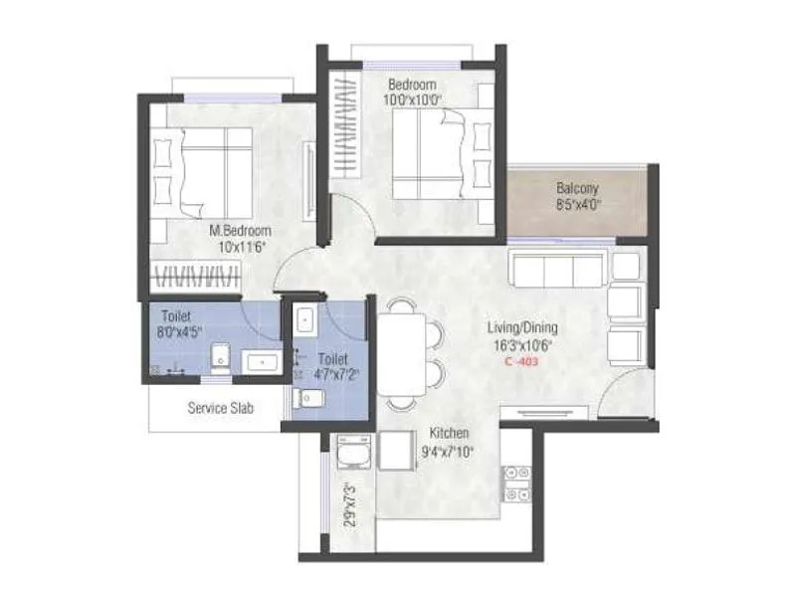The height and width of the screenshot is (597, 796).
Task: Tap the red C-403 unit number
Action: (522, 363)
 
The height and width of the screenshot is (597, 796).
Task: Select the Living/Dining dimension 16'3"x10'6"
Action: (522, 346)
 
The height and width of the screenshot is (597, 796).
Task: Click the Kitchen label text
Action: (450, 434)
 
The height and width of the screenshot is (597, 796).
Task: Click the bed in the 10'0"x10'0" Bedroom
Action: (433, 154)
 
